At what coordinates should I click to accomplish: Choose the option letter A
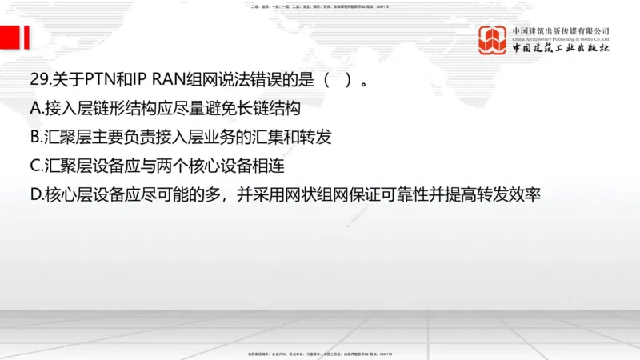(x=34, y=109)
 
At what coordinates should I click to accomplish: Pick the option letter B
(x=34, y=137)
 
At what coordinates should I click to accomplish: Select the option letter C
(x=34, y=166)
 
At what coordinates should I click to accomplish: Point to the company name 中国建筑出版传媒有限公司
(x=561, y=30)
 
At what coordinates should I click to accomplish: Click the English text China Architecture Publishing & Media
(x=561, y=38)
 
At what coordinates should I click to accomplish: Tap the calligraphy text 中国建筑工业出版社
(x=561, y=49)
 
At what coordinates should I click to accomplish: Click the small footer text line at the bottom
(x=320, y=353)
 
